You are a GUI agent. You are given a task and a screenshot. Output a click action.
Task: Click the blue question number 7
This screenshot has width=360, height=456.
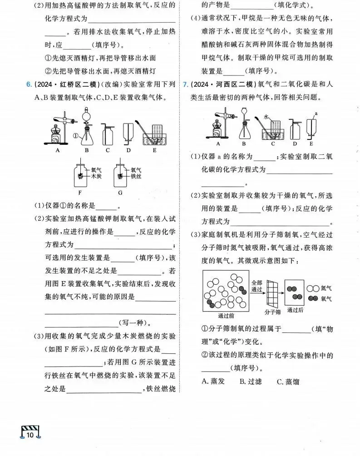tap(185, 84)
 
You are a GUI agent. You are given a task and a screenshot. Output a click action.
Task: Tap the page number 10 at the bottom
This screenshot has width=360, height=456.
tap(30, 435)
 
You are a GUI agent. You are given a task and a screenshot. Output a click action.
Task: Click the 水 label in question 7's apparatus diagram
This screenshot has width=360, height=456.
tap(267, 117)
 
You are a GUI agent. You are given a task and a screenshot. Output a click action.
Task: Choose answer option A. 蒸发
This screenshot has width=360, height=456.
tap(213, 381)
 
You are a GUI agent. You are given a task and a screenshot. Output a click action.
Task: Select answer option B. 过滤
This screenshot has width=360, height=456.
tap(251, 381)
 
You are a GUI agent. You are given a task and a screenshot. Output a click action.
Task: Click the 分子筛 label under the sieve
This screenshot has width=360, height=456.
tap(272, 312)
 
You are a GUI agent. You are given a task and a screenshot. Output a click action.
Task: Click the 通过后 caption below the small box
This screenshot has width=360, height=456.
tap(295, 310)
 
